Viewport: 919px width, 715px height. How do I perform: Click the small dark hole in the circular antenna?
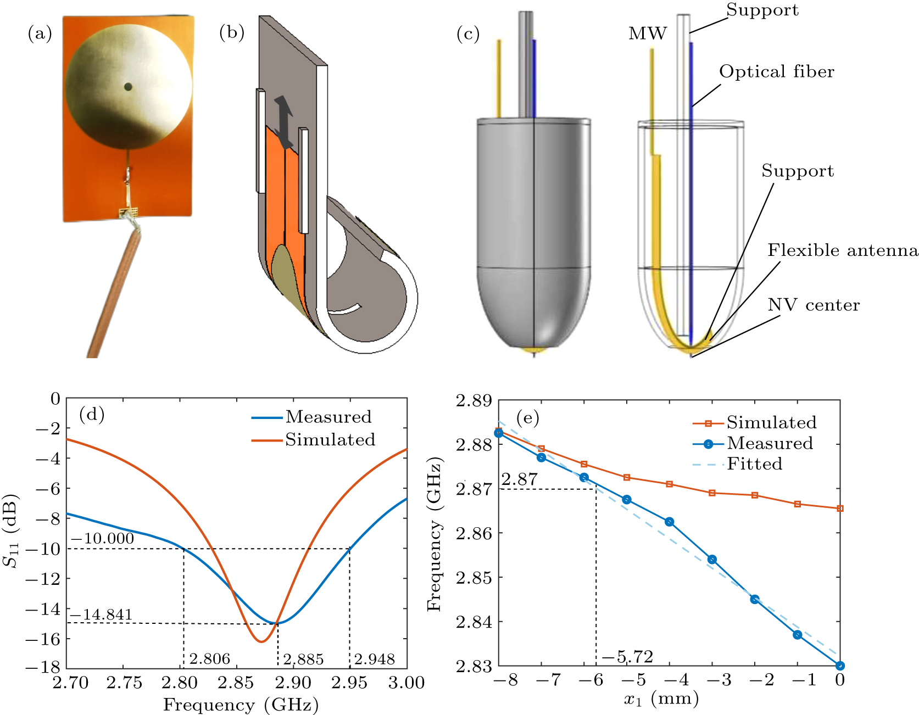(x=128, y=86)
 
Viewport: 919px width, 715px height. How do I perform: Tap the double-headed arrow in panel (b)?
(x=283, y=122)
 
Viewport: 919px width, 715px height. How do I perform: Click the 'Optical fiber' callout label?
(x=776, y=72)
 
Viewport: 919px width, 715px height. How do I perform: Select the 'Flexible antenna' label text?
(x=842, y=250)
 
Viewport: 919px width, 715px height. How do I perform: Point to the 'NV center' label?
(x=814, y=305)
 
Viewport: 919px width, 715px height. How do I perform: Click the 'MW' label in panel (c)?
(x=648, y=34)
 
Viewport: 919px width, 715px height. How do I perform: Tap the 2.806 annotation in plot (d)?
(x=209, y=658)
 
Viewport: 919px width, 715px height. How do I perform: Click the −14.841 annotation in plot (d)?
(x=101, y=615)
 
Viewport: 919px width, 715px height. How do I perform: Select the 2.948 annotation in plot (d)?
(x=374, y=658)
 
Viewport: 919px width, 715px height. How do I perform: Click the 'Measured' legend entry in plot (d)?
(x=328, y=417)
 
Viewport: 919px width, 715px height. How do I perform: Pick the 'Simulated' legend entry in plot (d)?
(x=330, y=440)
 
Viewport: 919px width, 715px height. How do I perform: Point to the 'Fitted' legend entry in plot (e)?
(x=754, y=464)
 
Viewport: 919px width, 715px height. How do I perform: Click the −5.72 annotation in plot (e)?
(x=627, y=657)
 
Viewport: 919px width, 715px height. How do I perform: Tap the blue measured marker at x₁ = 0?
(x=840, y=666)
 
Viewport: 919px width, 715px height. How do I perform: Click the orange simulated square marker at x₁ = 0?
(x=840, y=509)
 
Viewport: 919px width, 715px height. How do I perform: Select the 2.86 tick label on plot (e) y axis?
(x=474, y=533)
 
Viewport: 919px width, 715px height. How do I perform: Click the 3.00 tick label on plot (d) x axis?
(x=406, y=683)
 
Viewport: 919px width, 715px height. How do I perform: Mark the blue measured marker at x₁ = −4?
(x=669, y=522)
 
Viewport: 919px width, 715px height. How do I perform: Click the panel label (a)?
(x=40, y=34)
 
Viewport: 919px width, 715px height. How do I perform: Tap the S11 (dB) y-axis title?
(x=11, y=531)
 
